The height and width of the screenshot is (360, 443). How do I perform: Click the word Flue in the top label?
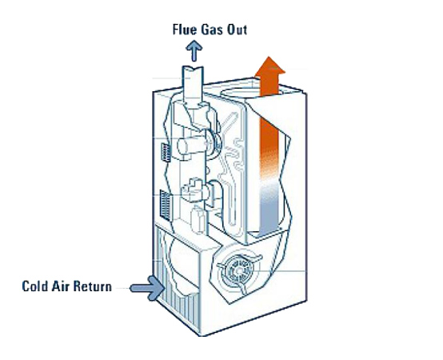point(186,31)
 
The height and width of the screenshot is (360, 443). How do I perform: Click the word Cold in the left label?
point(37,286)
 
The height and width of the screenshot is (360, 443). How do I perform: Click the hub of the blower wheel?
point(237,270)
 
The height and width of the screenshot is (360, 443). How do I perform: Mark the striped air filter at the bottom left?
point(170,293)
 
